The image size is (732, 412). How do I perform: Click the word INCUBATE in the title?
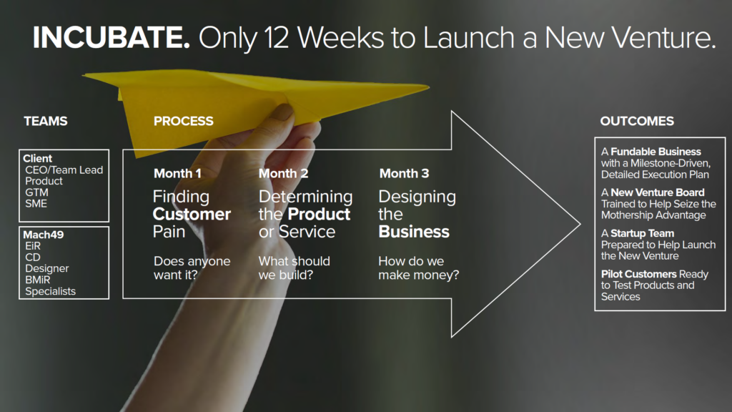click(x=112, y=37)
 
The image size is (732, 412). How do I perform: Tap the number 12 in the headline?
click(x=277, y=37)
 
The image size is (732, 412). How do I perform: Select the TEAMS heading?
click(x=46, y=121)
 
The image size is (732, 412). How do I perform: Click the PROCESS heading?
click(x=184, y=121)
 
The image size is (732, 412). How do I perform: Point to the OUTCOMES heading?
click(x=637, y=121)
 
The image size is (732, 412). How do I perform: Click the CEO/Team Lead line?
click(x=64, y=170)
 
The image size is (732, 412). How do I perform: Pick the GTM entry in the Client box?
click(x=36, y=192)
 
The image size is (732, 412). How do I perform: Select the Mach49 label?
click(x=44, y=235)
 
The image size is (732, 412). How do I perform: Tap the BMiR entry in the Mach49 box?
click(x=37, y=280)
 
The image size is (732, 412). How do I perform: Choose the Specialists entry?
click(x=51, y=292)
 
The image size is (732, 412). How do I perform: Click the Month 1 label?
click(x=177, y=173)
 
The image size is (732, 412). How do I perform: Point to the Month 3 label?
click(x=404, y=173)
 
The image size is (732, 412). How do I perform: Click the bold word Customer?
click(x=192, y=214)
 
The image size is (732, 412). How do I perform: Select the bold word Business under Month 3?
click(x=414, y=232)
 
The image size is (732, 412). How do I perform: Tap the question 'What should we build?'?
click(x=294, y=268)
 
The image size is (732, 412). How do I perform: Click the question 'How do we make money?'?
click(x=419, y=268)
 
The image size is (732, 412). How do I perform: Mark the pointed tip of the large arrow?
click(x=580, y=224)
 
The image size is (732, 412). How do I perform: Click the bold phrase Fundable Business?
click(x=656, y=152)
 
